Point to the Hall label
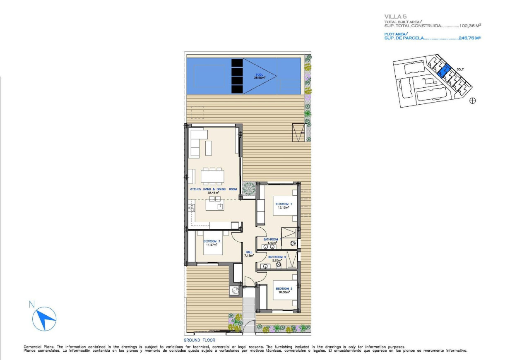click(x=249, y=254)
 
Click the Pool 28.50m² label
click(x=260, y=76)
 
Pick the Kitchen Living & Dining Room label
click(x=213, y=191)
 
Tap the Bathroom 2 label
click(x=277, y=259)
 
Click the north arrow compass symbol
click(x=44, y=317)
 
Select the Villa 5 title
click(x=396, y=17)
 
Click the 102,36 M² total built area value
click(x=470, y=26)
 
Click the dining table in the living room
click(x=212, y=176)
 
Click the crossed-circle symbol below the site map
click(x=473, y=101)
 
